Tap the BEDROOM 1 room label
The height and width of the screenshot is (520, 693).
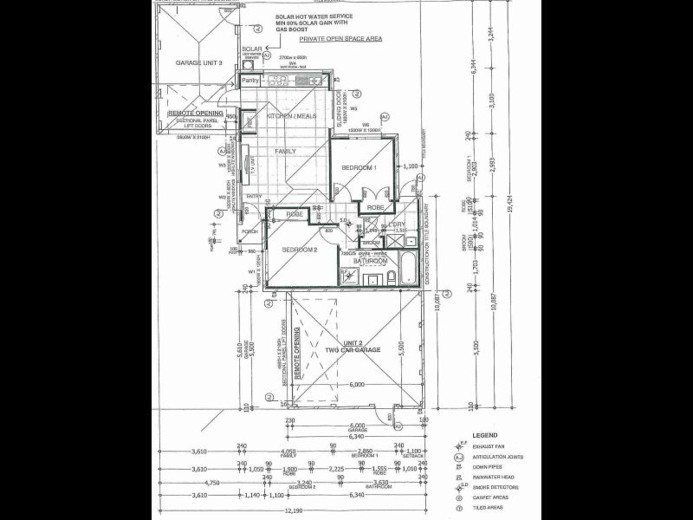pos(359,166)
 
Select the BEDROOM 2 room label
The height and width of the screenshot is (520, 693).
pos(300,250)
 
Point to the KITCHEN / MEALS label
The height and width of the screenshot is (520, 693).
pos(291,115)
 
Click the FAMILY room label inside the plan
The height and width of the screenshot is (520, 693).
pos(285,151)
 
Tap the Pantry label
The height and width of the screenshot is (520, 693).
pos(250,81)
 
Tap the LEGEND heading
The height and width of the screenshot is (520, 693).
pos(485,435)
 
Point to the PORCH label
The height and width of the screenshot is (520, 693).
pos(250,231)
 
